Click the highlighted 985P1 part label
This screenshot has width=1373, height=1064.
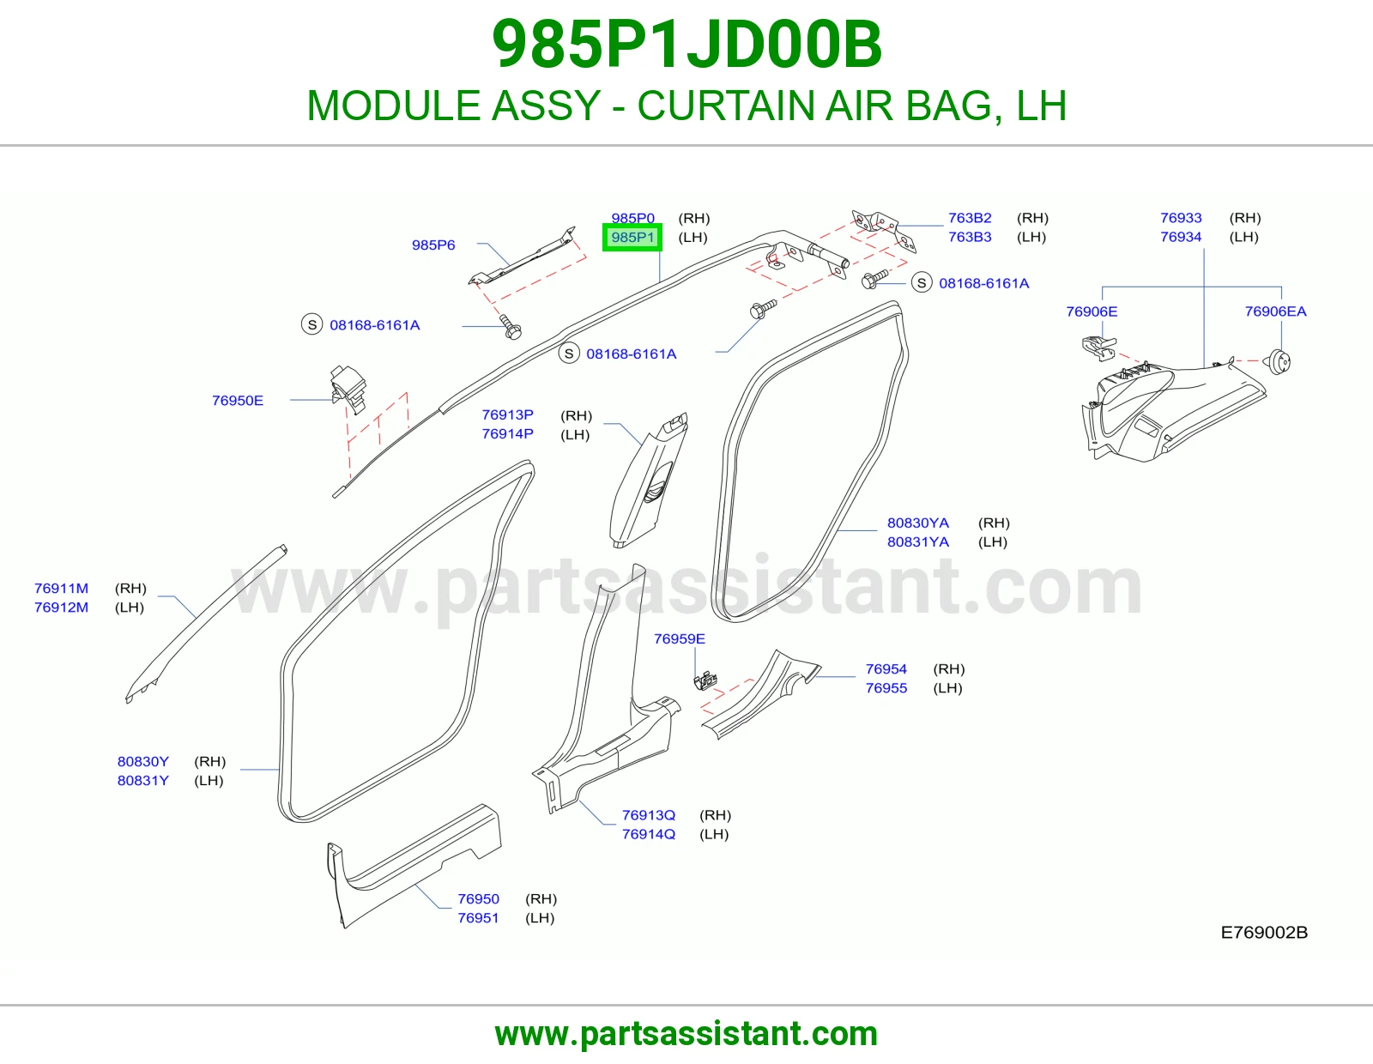click(632, 238)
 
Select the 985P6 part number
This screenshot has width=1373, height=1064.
click(433, 245)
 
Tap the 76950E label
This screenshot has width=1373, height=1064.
click(238, 401)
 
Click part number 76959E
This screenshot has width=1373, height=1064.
click(680, 638)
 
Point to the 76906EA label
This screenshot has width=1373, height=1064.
click(1276, 311)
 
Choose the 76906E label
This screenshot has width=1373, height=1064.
click(1092, 311)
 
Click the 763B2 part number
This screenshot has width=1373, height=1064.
click(970, 218)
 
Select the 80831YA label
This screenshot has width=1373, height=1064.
click(918, 542)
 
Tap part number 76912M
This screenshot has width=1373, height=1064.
click(61, 608)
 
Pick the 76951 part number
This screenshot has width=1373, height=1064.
click(478, 918)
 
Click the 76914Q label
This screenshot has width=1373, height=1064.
click(648, 834)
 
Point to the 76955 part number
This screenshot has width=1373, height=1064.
click(886, 688)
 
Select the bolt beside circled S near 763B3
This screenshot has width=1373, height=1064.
click(875, 279)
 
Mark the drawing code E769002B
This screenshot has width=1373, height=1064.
click(1264, 933)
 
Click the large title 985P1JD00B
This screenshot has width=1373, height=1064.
click(686, 45)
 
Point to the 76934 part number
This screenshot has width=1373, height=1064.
click(1181, 237)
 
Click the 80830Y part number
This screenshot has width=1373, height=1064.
click(142, 761)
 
